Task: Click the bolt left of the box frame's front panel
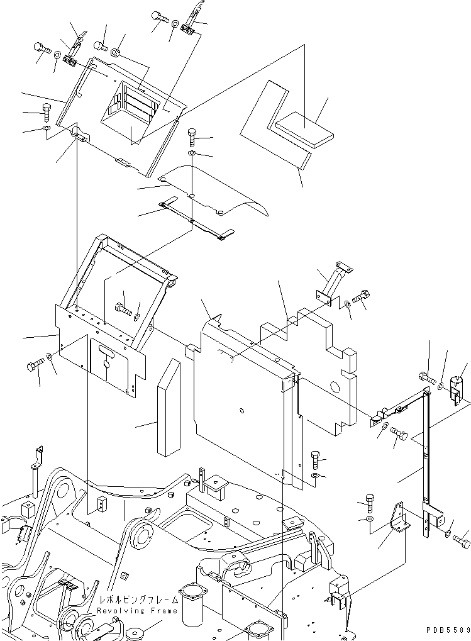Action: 35,365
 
